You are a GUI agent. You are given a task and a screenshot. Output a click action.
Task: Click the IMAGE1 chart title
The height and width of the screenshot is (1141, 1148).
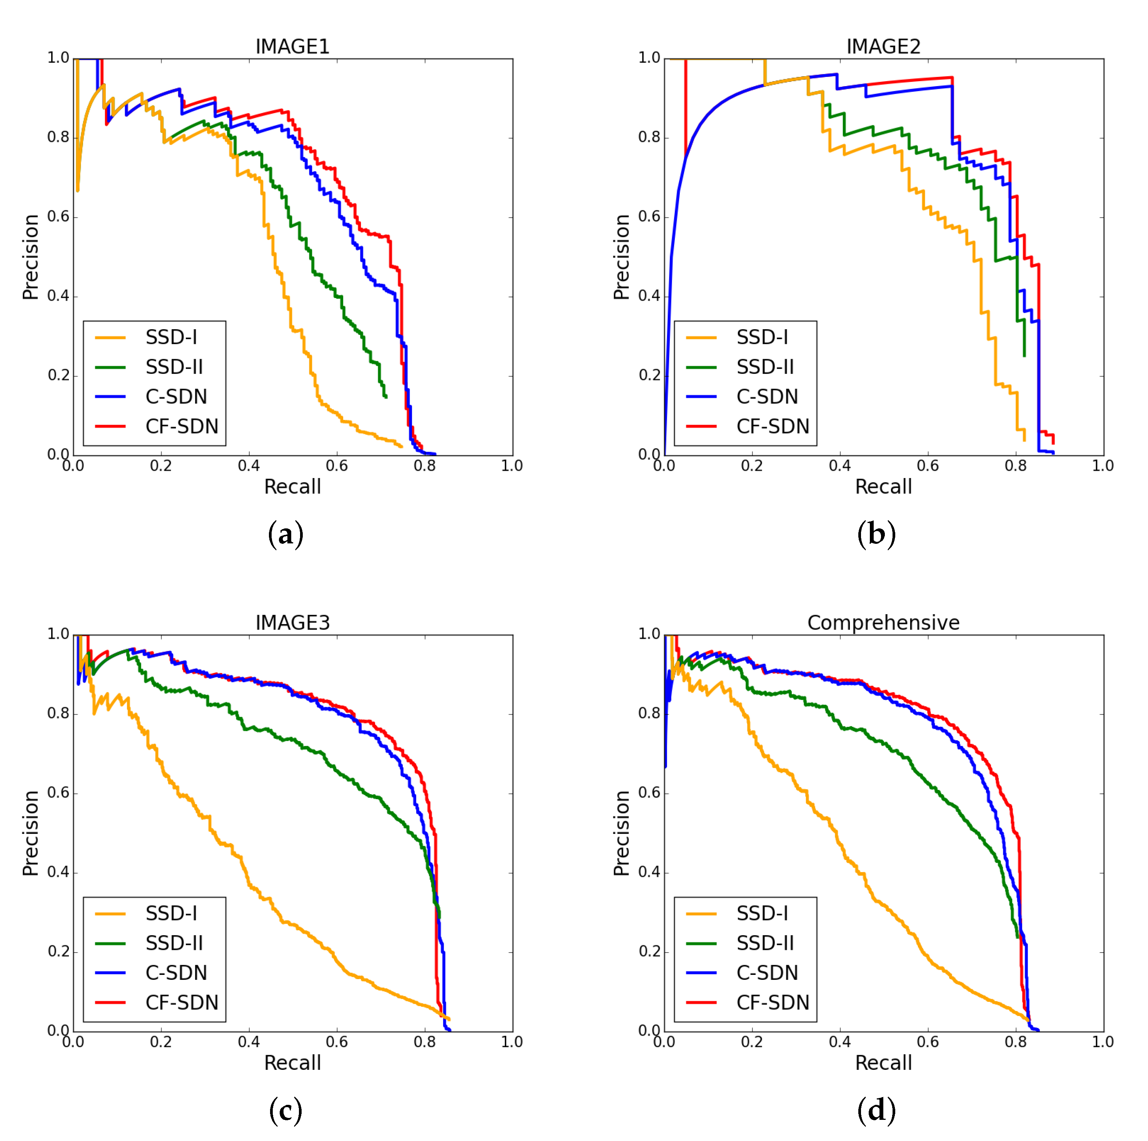(x=292, y=46)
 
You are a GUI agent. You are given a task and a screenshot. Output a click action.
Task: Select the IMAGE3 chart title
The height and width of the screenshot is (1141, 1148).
(x=292, y=623)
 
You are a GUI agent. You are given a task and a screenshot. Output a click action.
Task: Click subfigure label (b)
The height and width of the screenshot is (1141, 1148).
(x=876, y=534)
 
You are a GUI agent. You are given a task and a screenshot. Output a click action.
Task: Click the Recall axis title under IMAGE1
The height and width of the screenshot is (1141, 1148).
(x=292, y=486)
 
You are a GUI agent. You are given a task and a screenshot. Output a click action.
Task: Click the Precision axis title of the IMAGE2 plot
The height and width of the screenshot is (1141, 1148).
(x=622, y=257)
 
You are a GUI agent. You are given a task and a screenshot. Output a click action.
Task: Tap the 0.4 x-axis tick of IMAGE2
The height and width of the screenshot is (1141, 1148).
(x=839, y=466)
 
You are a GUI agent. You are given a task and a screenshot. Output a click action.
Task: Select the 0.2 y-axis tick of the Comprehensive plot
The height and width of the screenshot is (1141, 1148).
(x=649, y=951)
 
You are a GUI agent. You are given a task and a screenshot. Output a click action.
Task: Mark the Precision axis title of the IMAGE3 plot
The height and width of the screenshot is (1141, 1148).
(x=30, y=833)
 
